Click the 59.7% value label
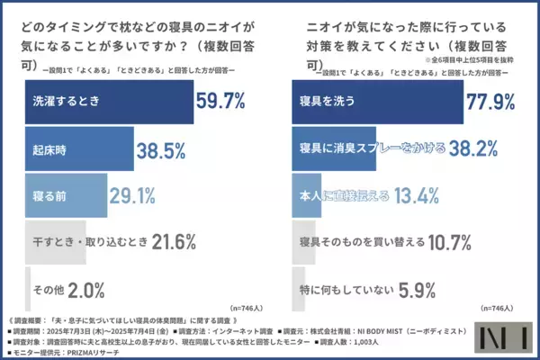tap(220, 101)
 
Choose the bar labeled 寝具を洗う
tap(378, 101)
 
